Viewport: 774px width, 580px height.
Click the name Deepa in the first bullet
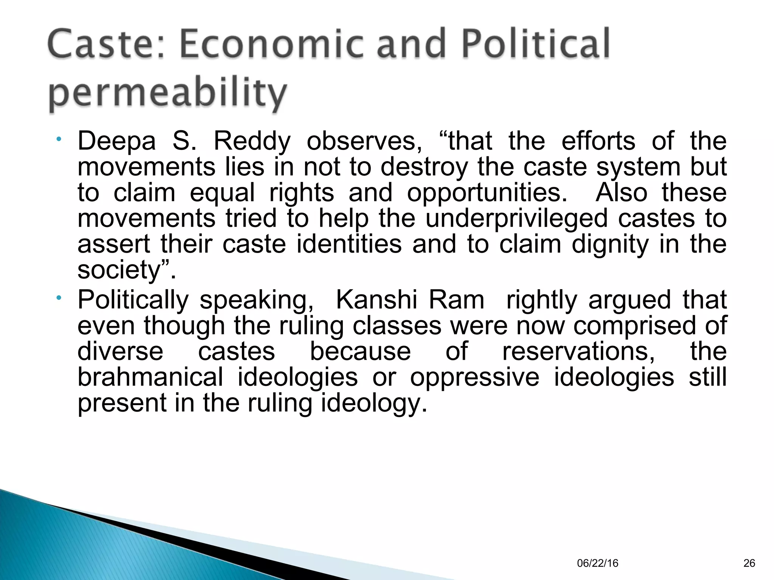[116, 141]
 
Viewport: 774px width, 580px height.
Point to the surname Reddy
[252, 141]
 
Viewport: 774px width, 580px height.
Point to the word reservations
[578, 351]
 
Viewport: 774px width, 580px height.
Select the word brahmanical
[150, 377]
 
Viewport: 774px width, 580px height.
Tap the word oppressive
[475, 377]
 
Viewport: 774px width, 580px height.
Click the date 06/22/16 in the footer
[598, 563]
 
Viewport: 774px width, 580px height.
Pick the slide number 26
[749, 563]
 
